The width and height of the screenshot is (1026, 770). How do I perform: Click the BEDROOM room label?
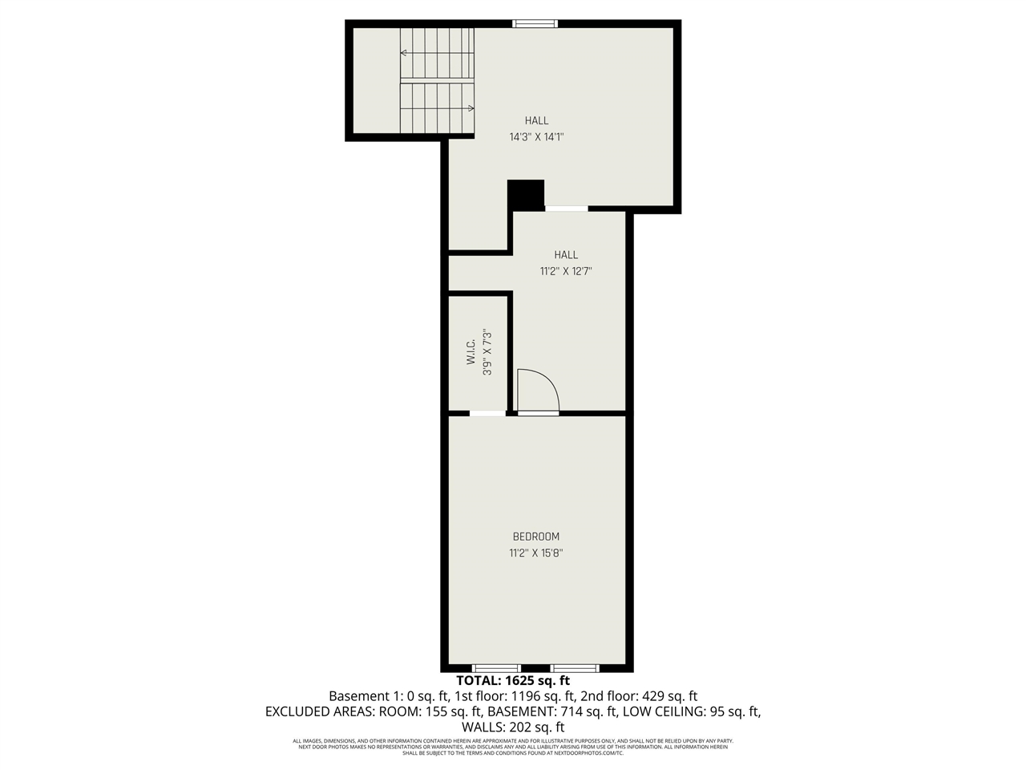click(x=536, y=537)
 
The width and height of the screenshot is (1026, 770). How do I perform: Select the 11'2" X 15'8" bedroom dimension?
click(x=536, y=553)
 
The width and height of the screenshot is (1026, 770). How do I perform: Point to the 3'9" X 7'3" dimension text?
click(x=487, y=352)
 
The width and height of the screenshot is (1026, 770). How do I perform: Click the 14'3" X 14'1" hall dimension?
click(x=537, y=137)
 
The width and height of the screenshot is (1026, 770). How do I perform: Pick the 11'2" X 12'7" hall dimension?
click(x=566, y=271)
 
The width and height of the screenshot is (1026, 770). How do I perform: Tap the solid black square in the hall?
click(x=526, y=194)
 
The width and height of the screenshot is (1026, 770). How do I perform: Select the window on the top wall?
click(x=535, y=23)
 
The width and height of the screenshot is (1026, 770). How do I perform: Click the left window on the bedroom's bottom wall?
click(x=496, y=668)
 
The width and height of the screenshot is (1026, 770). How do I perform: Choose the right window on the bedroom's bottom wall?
click(x=575, y=668)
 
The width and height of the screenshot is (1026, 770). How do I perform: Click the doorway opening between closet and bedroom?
click(x=487, y=414)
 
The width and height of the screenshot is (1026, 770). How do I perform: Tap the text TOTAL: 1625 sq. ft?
click(x=513, y=681)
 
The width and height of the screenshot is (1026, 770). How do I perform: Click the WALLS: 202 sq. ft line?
click(x=513, y=727)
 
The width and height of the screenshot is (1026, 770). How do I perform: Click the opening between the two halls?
click(x=567, y=209)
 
